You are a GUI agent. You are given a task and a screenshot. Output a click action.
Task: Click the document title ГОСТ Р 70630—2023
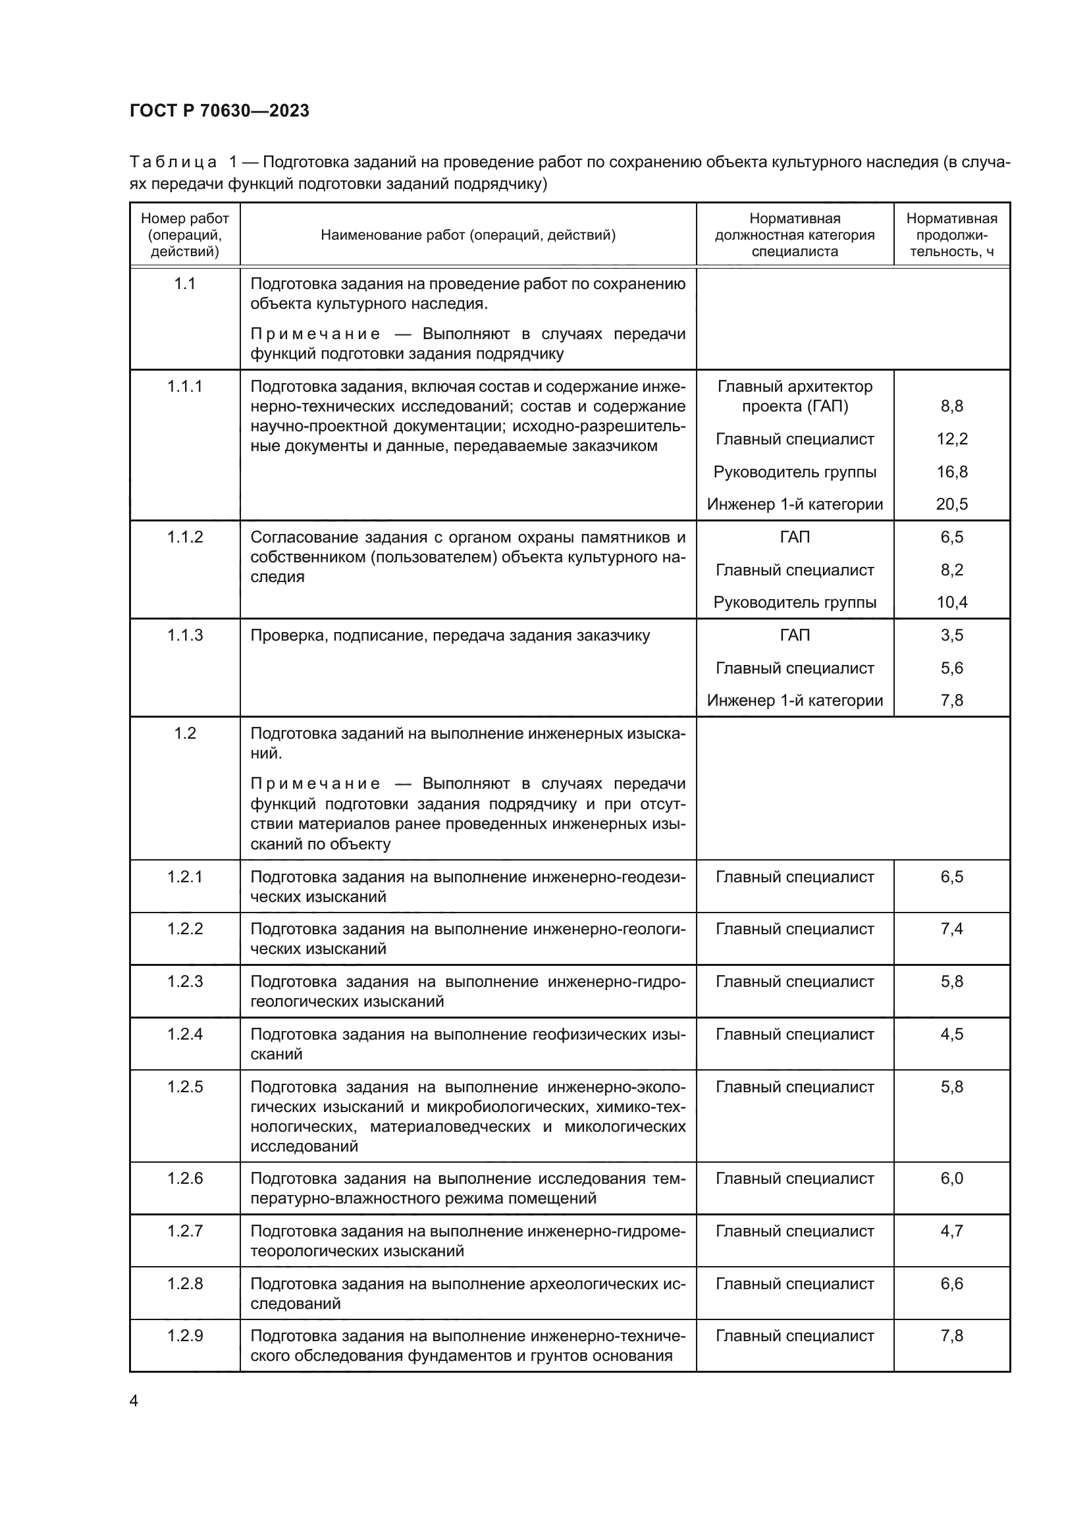[x=219, y=111]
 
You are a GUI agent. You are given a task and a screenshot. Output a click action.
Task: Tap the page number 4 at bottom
[x=134, y=1400]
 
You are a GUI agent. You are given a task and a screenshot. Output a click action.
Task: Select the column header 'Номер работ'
[x=184, y=219]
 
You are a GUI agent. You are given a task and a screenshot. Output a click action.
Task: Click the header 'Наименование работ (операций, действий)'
[x=467, y=235]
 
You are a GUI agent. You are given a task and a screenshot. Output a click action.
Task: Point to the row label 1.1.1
[x=184, y=386]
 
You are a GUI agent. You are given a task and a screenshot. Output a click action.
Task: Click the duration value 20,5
[x=951, y=504]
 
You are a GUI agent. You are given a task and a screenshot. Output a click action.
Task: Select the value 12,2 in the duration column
[x=951, y=439]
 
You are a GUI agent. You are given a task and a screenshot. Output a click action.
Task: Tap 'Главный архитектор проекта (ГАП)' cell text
[x=795, y=396]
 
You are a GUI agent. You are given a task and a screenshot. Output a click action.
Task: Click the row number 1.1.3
[x=184, y=635]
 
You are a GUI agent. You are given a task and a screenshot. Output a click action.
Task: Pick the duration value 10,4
[x=951, y=602]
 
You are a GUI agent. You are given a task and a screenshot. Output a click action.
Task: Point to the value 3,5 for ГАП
[x=951, y=635]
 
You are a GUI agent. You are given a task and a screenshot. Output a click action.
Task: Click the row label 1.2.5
[x=184, y=1086]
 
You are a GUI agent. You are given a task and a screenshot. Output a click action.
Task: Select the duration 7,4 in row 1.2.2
[x=951, y=929]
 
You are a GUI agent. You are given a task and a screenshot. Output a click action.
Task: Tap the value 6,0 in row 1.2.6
[x=951, y=1179]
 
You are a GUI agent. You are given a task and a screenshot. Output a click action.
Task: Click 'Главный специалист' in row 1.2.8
[x=795, y=1284]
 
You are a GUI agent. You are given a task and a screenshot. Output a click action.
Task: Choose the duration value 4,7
[x=951, y=1231]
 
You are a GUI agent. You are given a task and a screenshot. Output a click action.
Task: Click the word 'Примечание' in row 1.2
[x=315, y=784]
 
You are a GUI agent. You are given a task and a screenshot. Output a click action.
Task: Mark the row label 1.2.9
[x=184, y=1336]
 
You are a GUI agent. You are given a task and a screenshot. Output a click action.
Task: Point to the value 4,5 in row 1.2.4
[x=951, y=1034]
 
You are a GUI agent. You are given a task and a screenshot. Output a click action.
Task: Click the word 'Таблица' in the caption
[x=173, y=163]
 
